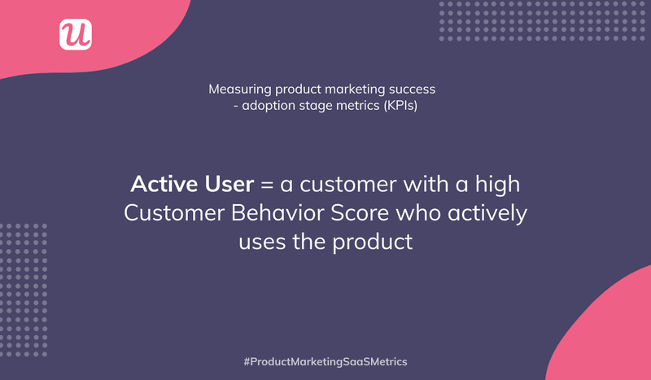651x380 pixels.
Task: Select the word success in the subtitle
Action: [x=413, y=88]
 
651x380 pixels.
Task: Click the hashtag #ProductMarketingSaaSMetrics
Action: [x=325, y=360]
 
